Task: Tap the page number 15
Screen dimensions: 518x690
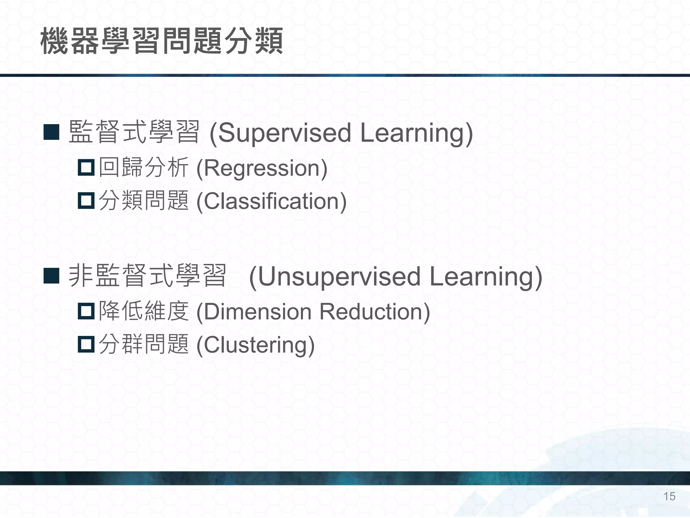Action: (x=669, y=496)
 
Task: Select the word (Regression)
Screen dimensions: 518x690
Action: (x=262, y=168)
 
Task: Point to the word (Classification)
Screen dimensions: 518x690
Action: (x=271, y=201)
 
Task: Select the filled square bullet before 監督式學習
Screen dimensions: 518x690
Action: (x=52, y=132)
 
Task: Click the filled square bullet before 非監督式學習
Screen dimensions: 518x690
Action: (x=52, y=276)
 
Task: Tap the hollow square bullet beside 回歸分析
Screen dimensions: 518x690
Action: (x=86, y=168)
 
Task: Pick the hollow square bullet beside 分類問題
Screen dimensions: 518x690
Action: (x=86, y=201)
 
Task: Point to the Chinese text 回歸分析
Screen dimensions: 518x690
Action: (x=144, y=167)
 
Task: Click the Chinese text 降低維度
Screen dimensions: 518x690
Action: (x=144, y=311)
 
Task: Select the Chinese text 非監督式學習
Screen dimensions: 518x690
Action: (x=147, y=276)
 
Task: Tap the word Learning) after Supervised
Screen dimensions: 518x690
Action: (x=416, y=133)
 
